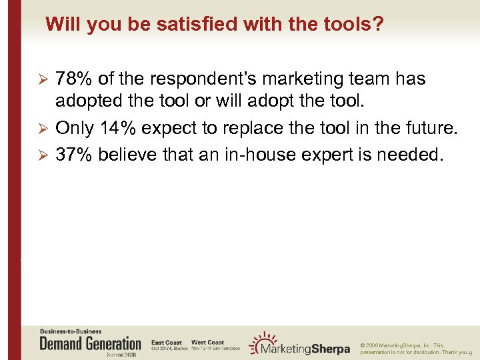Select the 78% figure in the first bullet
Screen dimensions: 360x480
(x=75, y=79)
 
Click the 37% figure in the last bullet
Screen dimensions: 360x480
(x=75, y=155)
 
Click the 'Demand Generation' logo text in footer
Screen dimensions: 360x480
(x=91, y=344)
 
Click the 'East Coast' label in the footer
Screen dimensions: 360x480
(x=167, y=343)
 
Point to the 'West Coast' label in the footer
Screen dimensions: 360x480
(x=207, y=343)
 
